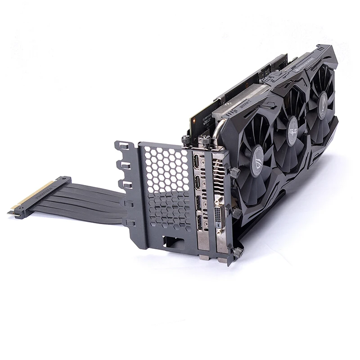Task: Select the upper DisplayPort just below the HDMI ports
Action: (x=198, y=203)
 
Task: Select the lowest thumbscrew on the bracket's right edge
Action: (x=238, y=252)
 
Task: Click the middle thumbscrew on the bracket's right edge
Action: (x=236, y=212)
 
